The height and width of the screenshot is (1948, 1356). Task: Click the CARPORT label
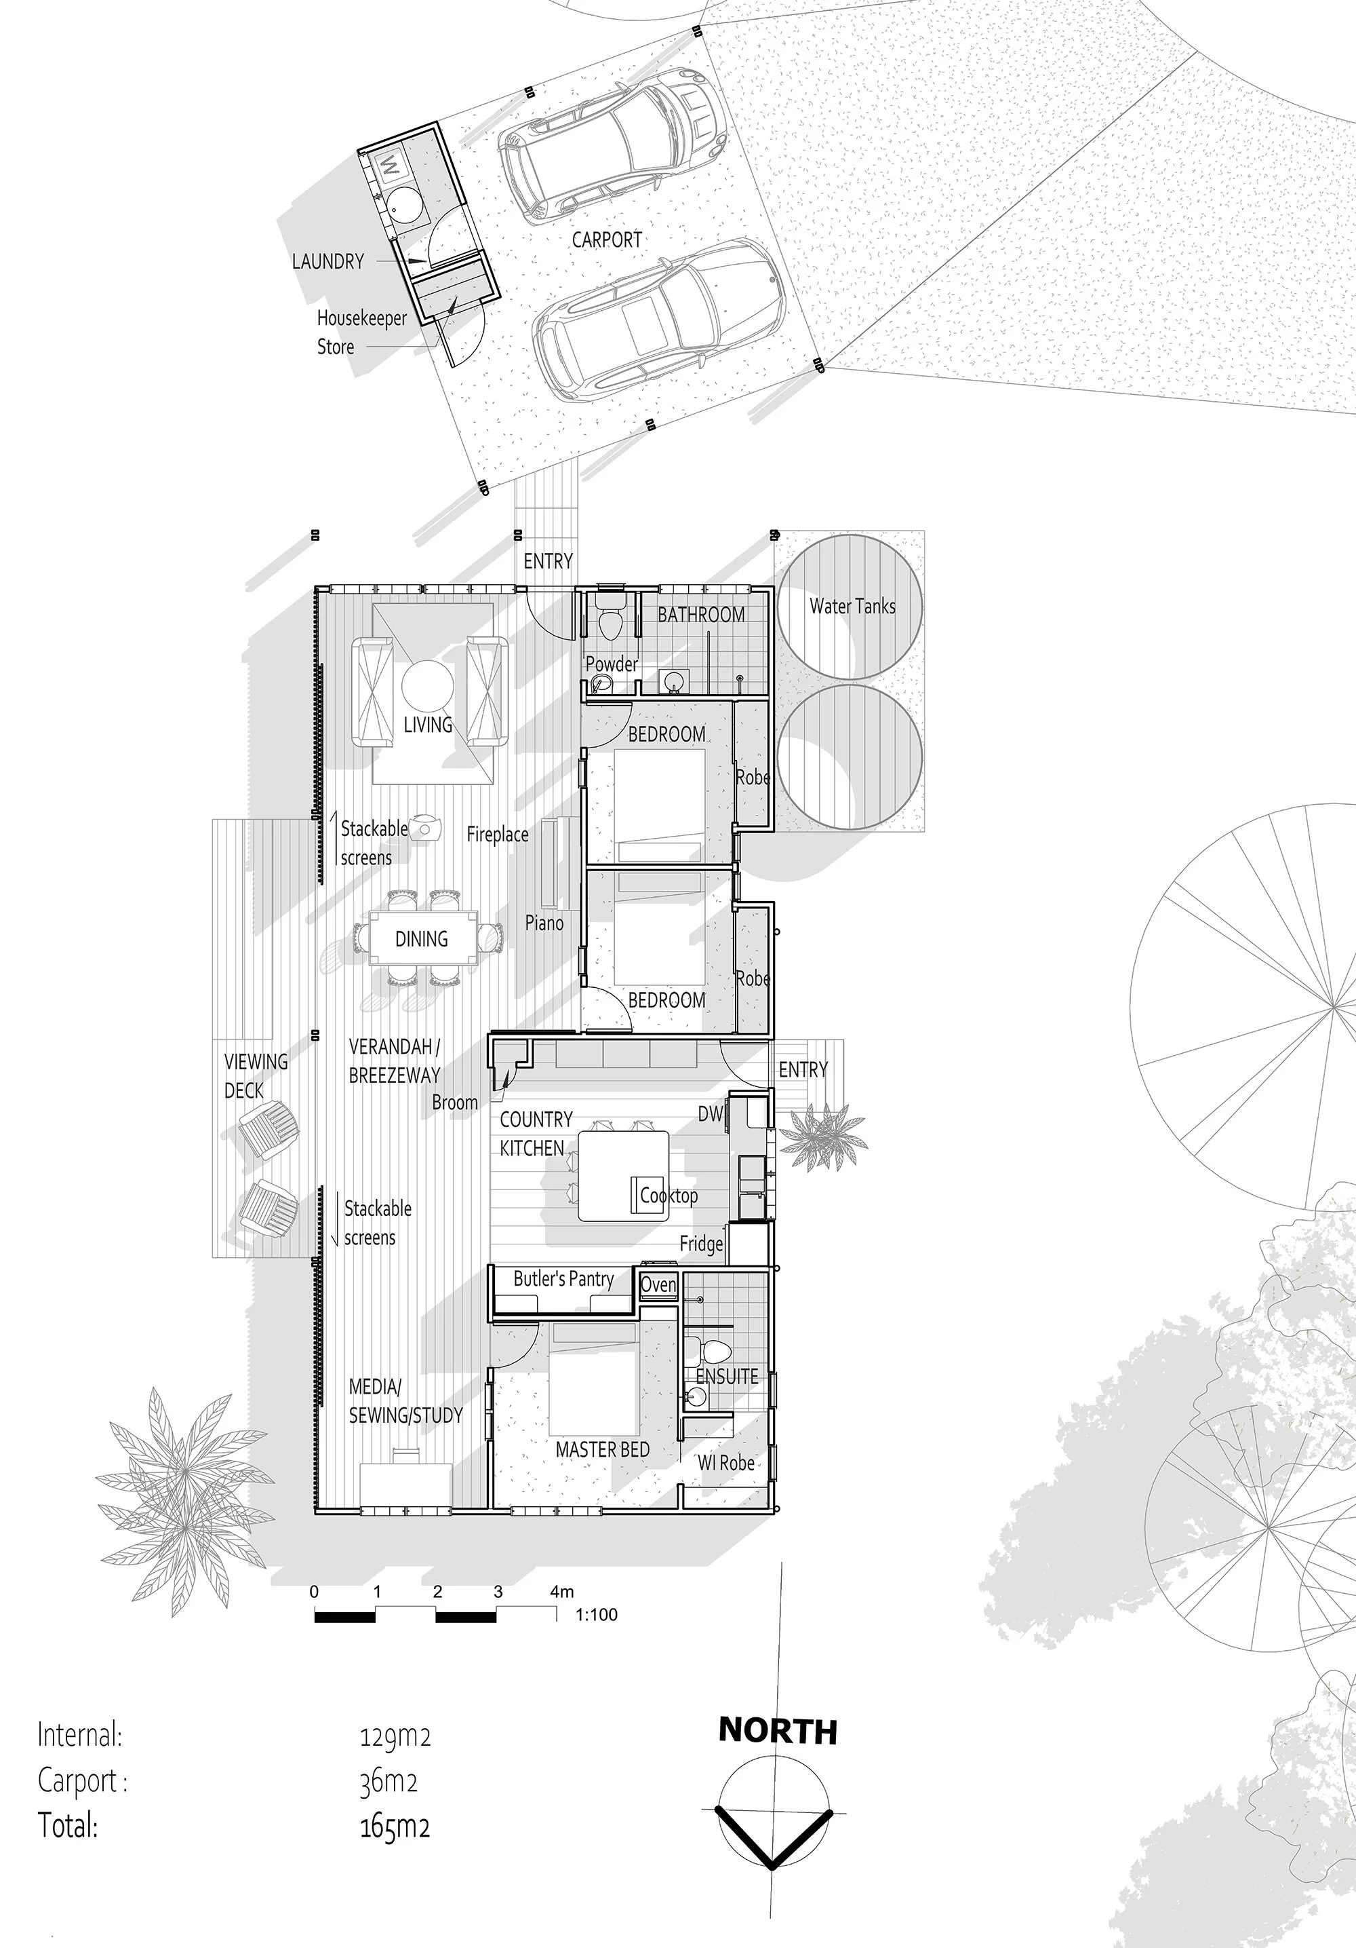coord(606,240)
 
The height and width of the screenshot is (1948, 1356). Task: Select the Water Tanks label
coord(852,606)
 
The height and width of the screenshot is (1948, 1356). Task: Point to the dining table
coord(422,939)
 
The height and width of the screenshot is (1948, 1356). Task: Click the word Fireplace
coord(498,835)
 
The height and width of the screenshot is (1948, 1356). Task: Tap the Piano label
coord(544,923)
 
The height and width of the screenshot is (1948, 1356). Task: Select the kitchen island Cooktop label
coord(669,1196)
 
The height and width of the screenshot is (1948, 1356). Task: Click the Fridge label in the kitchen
coord(701,1244)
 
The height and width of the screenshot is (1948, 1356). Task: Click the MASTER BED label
coord(602,1450)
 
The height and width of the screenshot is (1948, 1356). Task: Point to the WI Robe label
coord(726,1463)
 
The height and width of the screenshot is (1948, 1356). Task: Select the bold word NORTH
coord(778,1732)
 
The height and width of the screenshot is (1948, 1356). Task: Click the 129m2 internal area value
coord(395,1737)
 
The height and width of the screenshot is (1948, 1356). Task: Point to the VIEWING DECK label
coord(256,1076)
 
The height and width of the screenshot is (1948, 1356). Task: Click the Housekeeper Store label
coord(361,332)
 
